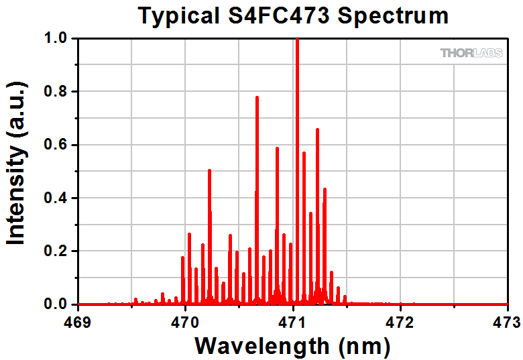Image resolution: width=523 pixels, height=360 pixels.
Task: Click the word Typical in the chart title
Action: (178, 15)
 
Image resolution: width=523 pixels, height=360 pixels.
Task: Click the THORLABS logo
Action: (471, 52)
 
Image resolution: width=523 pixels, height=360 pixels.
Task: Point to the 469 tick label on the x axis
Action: (79, 321)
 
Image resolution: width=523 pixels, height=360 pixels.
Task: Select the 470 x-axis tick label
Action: (186, 321)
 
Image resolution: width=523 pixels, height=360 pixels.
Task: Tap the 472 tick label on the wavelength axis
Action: (400, 321)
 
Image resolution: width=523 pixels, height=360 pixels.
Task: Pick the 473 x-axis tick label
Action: (507, 321)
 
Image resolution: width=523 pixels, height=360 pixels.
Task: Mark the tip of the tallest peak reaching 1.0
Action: (297, 40)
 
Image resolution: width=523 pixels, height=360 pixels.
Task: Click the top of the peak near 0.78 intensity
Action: (257, 97)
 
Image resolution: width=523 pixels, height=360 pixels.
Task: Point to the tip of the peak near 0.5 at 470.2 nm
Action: (209, 170)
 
